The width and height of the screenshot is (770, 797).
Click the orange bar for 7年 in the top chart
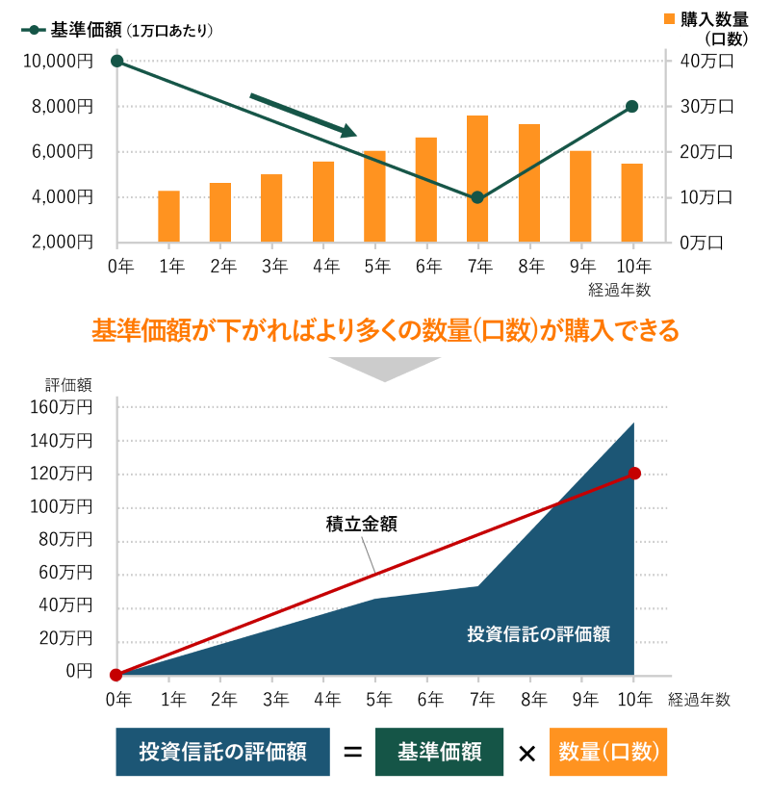tap(477, 178)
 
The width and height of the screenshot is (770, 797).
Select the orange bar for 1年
tap(169, 217)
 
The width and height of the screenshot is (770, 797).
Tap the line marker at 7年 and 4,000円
tap(477, 197)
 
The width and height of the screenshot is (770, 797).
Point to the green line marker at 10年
tap(632, 106)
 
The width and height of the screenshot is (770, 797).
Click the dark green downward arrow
tap(303, 115)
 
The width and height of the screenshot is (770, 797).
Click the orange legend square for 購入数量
tap(670, 18)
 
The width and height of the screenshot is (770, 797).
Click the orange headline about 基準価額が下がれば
tap(385, 330)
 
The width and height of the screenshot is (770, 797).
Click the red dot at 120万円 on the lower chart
tap(634, 473)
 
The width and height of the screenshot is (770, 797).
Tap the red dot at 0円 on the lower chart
tap(116, 675)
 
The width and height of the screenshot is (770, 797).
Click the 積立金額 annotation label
tap(362, 525)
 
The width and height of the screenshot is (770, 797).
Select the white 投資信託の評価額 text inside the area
tap(539, 633)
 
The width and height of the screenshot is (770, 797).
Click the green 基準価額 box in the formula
tap(439, 751)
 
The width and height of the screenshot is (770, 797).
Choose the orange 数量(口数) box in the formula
tap(608, 751)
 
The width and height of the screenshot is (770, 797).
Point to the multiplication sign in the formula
tap(526, 753)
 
